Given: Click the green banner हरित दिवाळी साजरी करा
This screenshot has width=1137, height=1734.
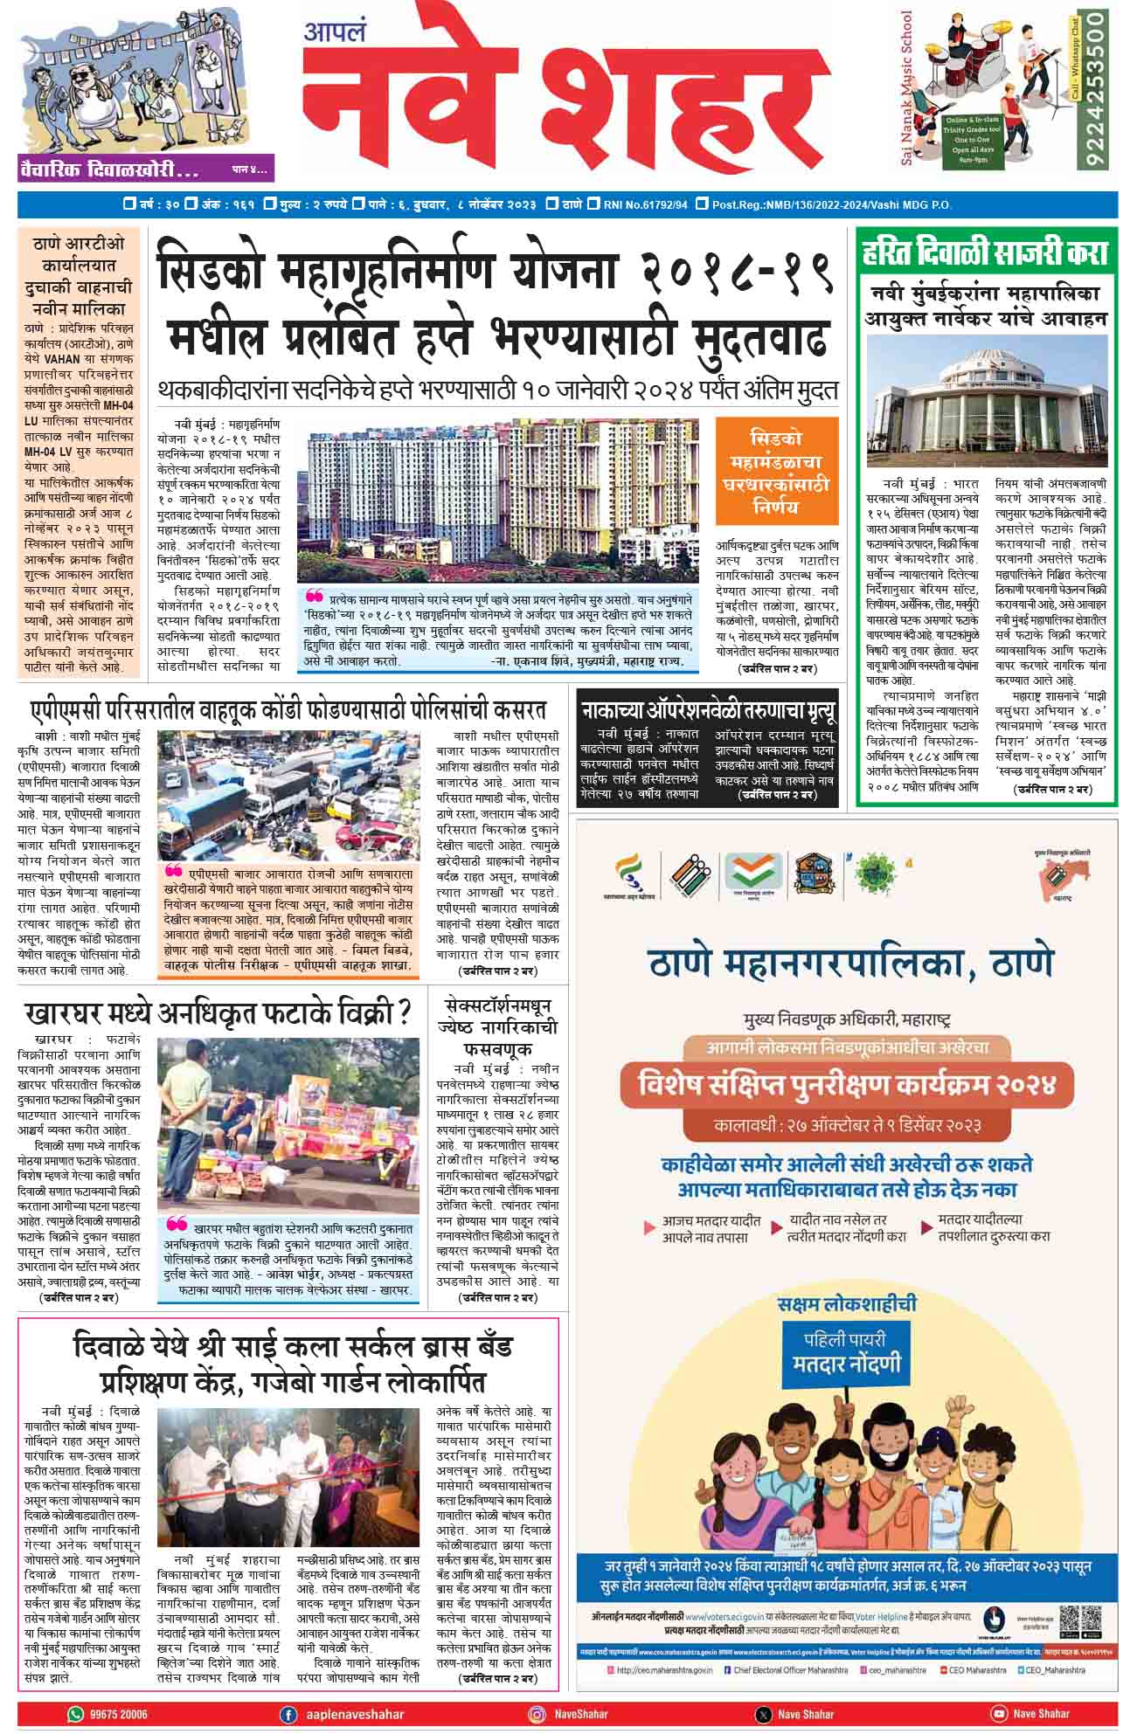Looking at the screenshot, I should (x=984, y=253).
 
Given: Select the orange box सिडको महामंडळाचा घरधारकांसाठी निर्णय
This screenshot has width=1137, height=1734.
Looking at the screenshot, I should (x=776, y=472).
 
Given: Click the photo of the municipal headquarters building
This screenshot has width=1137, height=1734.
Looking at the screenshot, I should (x=984, y=402).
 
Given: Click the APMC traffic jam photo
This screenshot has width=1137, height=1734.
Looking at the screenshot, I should (x=288, y=793).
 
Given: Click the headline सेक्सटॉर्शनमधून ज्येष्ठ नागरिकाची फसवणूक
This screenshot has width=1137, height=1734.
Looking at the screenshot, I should (x=497, y=1027).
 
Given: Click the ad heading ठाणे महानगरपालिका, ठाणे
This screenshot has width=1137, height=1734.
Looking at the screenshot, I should (x=850, y=966).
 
